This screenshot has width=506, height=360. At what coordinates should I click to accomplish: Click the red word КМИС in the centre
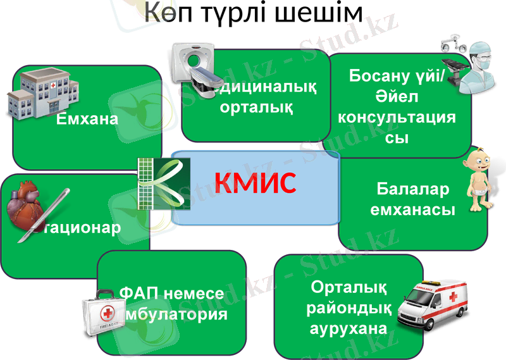point(255,183)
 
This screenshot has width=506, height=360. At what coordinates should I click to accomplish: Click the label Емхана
point(88,118)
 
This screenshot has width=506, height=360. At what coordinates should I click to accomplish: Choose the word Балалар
point(412,189)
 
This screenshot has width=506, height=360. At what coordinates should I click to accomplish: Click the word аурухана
point(348,328)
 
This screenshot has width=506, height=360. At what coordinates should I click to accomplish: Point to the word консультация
point(397,118)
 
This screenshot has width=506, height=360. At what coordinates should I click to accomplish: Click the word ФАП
point(139,294)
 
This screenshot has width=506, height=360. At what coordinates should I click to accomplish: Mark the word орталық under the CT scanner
point(256,106)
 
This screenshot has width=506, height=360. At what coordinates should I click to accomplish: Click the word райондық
point(348,308)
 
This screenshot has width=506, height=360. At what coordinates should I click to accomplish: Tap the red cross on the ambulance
point(453,297)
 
